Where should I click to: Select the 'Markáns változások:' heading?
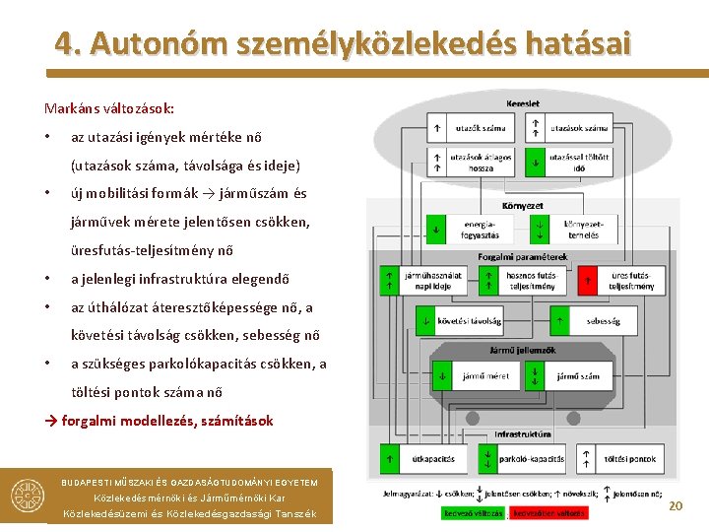coord(109,107)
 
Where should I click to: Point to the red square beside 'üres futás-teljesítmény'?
coord(588,281)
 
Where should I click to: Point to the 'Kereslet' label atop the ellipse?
coord(522,103)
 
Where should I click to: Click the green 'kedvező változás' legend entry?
coord(473,513)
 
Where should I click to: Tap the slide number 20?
coord(675,505)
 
